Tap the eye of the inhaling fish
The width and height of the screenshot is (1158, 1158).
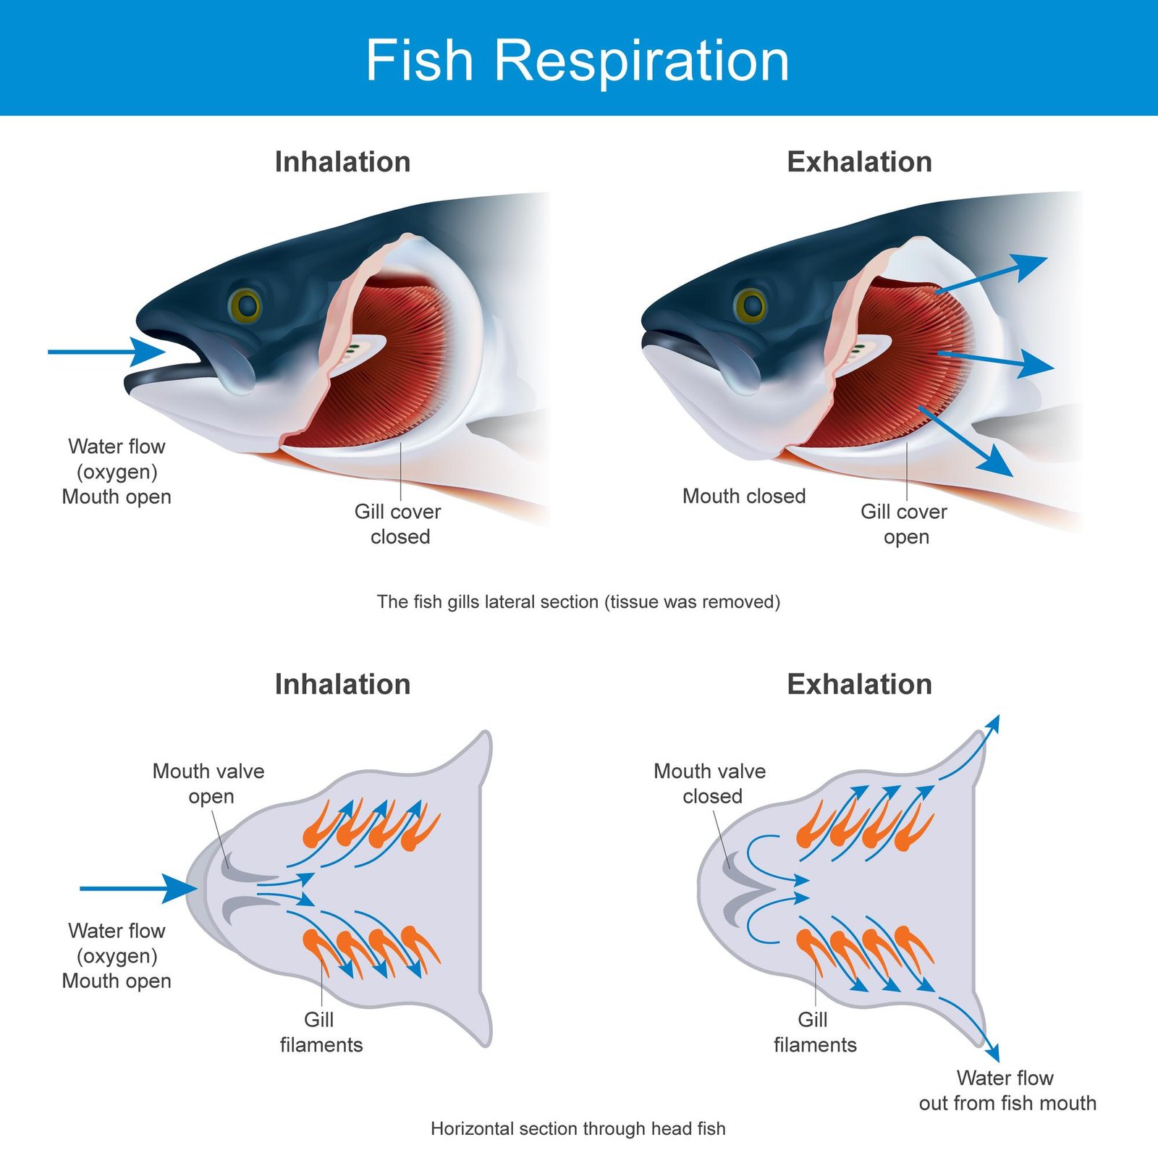(x=245, y=305)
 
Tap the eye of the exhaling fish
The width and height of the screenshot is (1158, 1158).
(x=751, y=305)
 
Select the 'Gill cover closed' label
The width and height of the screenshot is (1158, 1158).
(x=398, y=524)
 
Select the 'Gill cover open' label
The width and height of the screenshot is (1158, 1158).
(x=904, y=524)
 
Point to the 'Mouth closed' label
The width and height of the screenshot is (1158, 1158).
(x=744, y=496)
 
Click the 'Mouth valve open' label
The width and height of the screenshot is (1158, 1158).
(x=208, y=783)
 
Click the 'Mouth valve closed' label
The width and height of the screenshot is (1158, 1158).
(x=710, y=783)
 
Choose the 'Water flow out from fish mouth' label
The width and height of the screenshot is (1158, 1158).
(x=1007, y=1090)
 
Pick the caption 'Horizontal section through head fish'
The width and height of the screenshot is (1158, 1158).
(x=578, y=1128)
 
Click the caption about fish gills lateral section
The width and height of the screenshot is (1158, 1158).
(x=578, y=601)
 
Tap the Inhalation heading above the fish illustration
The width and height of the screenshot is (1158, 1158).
(x=342, y=161)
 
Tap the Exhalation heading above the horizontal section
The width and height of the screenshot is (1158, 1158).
(x=859, y=684)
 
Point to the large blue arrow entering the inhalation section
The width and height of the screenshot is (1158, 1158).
(x=138, y=888)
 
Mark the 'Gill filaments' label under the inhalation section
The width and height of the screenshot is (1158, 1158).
(x=321, y=1032)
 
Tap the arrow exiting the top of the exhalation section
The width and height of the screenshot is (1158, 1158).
(x=973, y=749)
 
